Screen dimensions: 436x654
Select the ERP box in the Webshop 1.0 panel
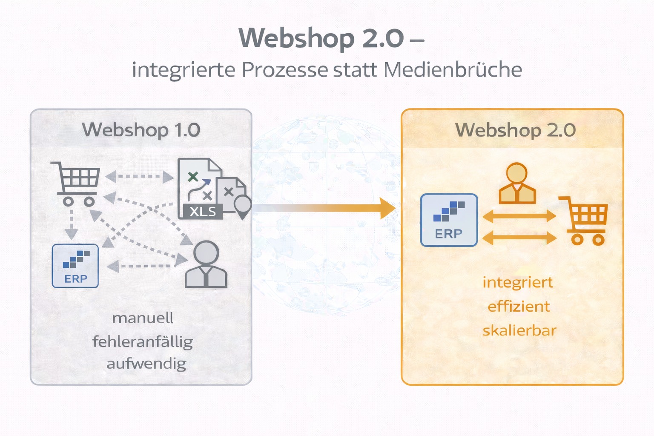click(75, 266)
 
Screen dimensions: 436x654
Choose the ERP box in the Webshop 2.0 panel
click(449, 220)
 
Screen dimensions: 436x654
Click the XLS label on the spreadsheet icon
click(203, 211)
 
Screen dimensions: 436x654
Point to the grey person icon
click(207, 265)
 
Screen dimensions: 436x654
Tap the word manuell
click(143, 318)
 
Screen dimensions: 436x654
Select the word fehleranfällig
click(143, 341)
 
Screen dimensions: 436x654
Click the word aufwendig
click(146, 364)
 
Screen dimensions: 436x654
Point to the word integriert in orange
click(518, 282)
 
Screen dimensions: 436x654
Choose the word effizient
click(519, 306)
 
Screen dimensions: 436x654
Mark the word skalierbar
click(519, 330)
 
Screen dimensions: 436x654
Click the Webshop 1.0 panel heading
click(141, 129)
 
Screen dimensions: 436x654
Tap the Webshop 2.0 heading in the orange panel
click(515, 129)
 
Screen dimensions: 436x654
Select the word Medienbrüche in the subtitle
click(453, 70)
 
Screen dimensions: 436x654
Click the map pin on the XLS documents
click(243, 206)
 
